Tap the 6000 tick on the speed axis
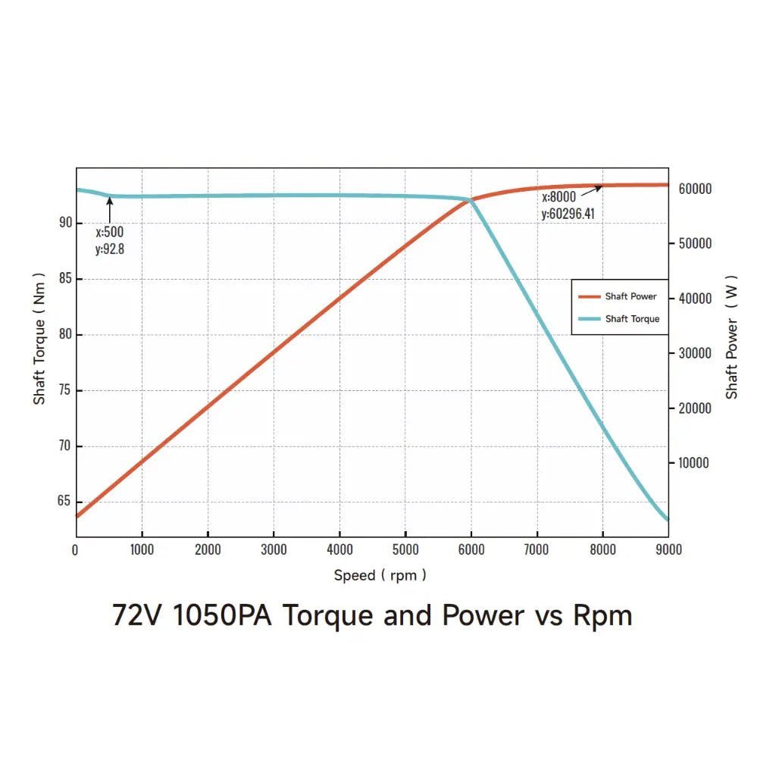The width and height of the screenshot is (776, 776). pos(471,549)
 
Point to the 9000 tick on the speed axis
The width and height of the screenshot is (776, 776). pos(668,549)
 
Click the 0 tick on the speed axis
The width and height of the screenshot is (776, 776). pos(75,549)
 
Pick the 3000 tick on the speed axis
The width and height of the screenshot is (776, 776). pos(274,549)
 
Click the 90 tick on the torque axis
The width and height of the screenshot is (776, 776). pos(65,223)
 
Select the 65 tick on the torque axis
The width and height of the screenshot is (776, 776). pos(65,502)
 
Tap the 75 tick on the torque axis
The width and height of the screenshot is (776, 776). pos(65,390)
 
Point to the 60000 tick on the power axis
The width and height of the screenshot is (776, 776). pos(693,189)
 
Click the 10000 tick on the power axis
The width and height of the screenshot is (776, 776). pos(693,463)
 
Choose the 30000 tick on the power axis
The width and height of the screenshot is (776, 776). pos(693,353)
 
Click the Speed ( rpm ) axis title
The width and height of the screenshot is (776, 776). pos(380,575)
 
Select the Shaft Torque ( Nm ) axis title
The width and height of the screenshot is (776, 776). pos(39,339)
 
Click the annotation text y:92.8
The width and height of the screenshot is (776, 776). pos(110,249)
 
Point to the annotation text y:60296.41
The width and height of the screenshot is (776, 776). pos(568,214)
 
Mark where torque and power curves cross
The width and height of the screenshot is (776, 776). pos(471,200)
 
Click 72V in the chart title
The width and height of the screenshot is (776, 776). pos(137,615)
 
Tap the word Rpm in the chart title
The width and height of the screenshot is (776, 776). pos(602,615)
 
